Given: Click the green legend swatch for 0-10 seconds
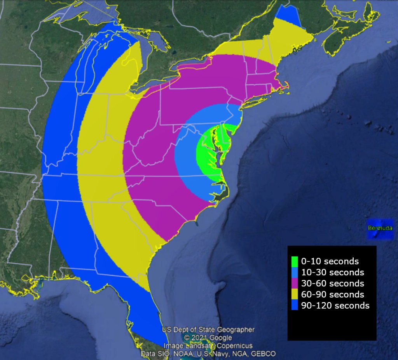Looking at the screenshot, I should [295, 261].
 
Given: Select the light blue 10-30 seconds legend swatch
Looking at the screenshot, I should [295, 272].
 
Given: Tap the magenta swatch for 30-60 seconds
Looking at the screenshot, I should [295, 283].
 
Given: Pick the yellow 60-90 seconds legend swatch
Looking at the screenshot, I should [295, 294].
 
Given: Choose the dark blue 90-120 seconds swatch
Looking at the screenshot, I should [295, 306].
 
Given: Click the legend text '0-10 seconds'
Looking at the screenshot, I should [330, 261].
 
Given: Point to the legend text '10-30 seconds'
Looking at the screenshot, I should [332, 272].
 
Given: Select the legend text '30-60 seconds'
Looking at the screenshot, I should [332, 283].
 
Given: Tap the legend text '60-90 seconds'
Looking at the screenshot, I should [332, 294].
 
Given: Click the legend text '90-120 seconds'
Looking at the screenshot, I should [335, 306].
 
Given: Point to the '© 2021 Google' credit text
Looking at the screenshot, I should [208, 338].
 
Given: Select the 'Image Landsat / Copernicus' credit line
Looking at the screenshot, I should [208, 346].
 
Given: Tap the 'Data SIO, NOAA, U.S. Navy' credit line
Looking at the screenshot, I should [208, 354].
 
